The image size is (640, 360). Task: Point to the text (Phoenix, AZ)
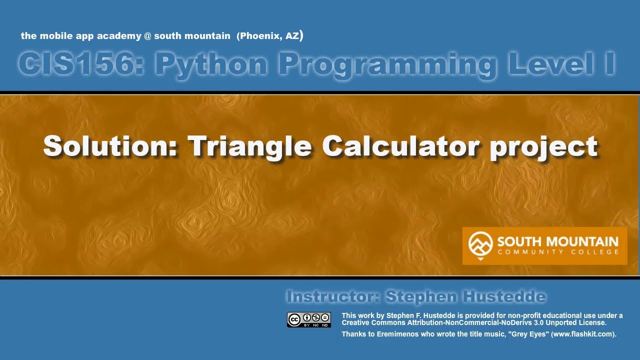click(270, 36)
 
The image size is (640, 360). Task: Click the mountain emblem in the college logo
click(480, 244)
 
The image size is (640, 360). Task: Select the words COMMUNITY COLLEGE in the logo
click(557, 252)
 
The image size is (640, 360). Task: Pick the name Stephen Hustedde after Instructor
click(465, 296)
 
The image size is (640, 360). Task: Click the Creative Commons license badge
click(308, 319)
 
